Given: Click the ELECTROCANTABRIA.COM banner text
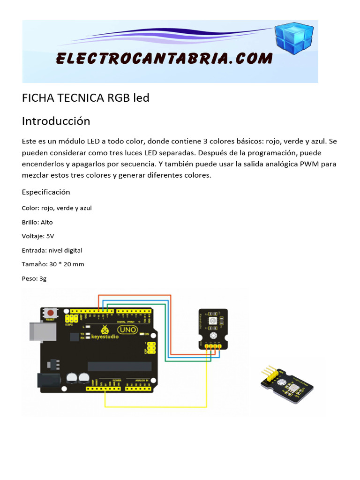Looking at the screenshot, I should coord(164,59).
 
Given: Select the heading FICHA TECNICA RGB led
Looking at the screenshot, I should coord(86,98).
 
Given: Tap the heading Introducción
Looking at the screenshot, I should coord(56,121).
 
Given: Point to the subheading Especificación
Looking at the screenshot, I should coord(46,192).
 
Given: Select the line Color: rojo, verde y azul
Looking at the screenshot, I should coord(57,208).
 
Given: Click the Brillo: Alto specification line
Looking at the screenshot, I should coord(37,222).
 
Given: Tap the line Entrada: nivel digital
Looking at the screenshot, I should coord(52,250).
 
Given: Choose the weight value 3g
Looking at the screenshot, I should coord(43,278).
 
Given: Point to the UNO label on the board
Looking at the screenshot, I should coord(128,330).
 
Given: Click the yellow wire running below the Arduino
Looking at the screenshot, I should coord(155,406).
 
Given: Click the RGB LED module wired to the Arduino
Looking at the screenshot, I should coord(213,328).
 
